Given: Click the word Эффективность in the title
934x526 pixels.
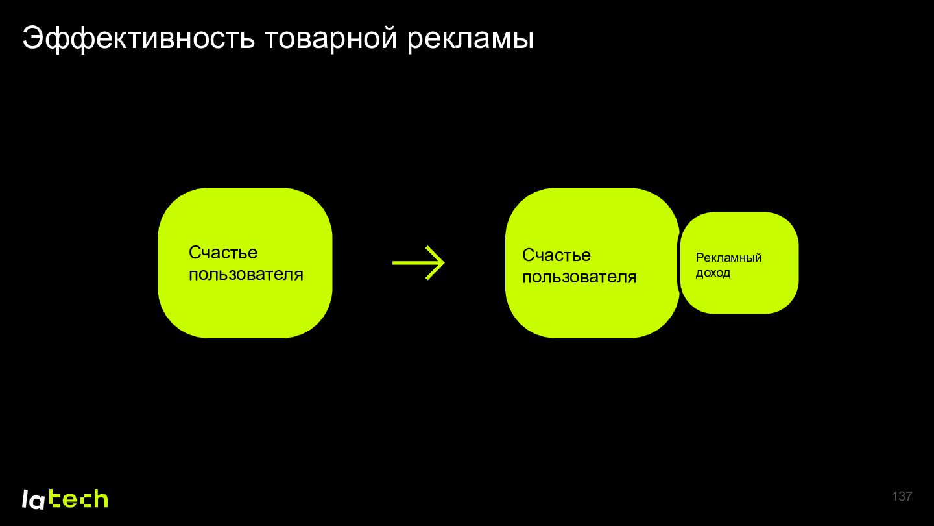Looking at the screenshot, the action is tap(138, 39).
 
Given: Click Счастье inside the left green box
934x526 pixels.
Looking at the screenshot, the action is tap(223, 252).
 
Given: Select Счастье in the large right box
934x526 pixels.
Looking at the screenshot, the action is tap(557, 255).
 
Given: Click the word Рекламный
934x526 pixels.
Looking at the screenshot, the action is tap(728, 258).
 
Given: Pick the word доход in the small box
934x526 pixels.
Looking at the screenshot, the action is tap(713, 273).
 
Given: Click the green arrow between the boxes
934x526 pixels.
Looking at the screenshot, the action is tap(418, 262).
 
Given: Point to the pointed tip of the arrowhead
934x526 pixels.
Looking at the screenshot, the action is tap(445, 262).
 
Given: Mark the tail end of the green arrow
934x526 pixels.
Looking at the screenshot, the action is tap(393, 262).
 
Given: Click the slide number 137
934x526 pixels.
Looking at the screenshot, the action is tap(902, 496).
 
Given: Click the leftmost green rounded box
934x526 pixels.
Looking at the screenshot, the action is tap(245, 262).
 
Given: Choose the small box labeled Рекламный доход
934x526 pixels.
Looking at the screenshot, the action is tap(739, 262).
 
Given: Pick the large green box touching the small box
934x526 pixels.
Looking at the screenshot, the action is tap(592, 262).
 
